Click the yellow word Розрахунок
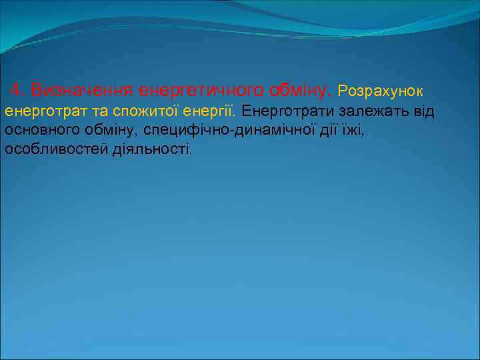tap(381, 89)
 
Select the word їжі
tap(355, 129)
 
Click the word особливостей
tap(55, 149)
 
